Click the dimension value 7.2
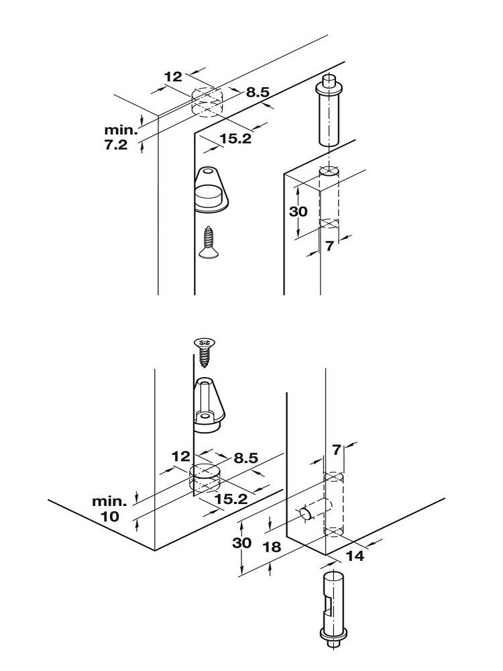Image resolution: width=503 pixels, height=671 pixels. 116,145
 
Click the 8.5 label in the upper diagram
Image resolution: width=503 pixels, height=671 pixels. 257,93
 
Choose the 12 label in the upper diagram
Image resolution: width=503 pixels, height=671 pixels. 173,76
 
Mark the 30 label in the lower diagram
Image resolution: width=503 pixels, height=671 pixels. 242,543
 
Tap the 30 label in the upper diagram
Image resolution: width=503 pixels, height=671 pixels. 298,211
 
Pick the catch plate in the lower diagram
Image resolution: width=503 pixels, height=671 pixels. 209,405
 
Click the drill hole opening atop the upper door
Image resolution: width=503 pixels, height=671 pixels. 329,172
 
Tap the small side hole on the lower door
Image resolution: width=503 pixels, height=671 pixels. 306,513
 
